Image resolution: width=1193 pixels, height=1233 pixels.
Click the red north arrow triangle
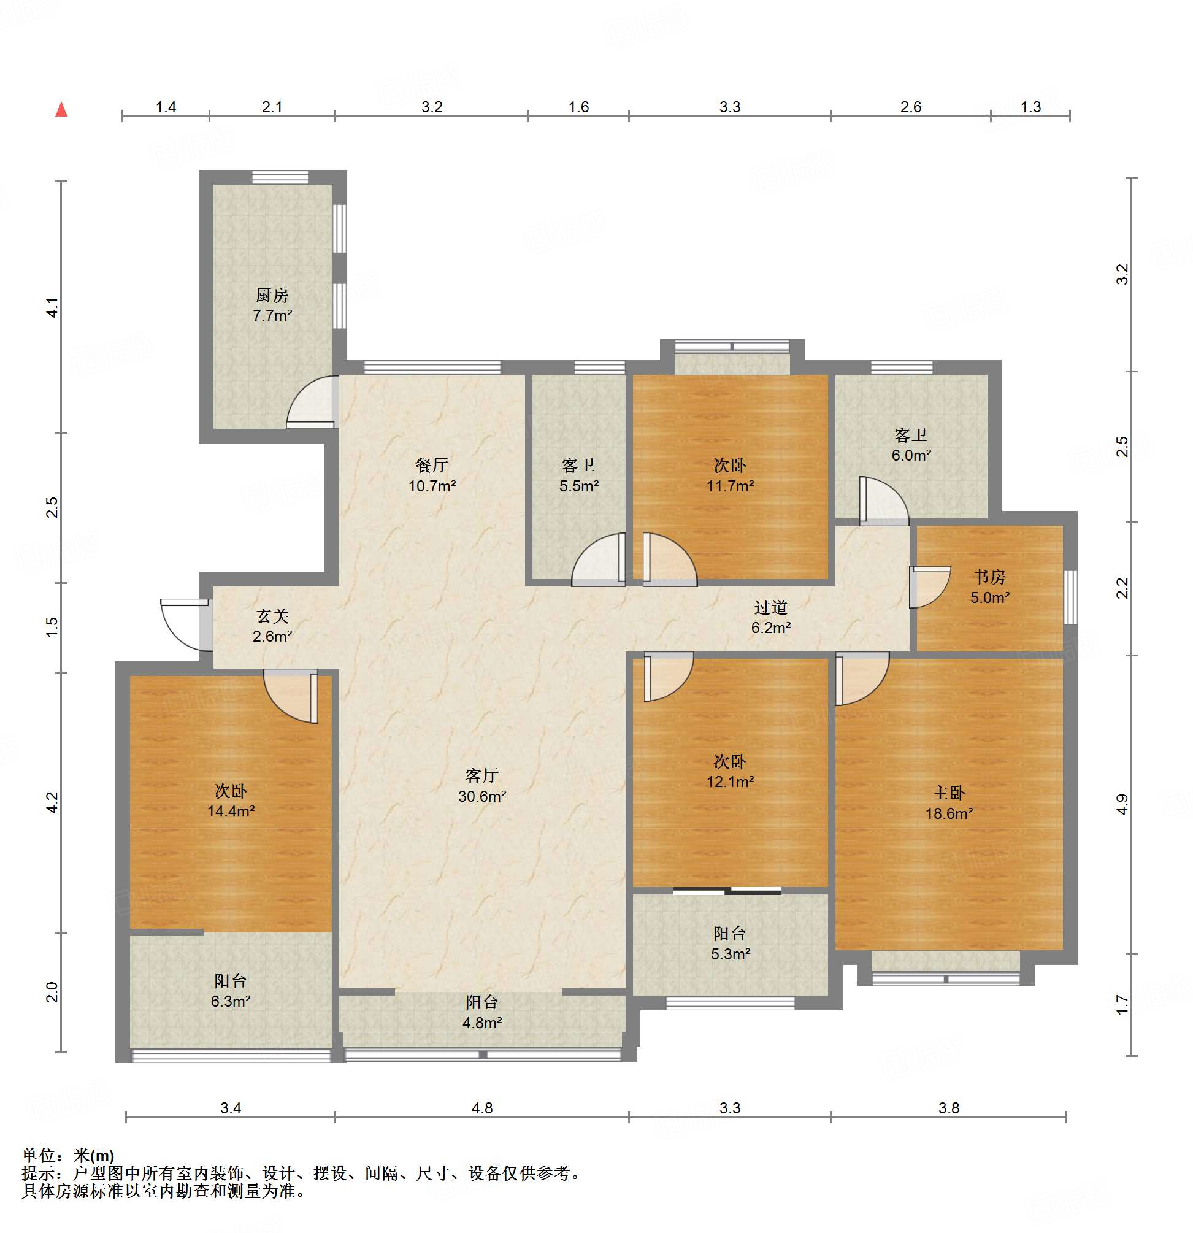pos(61,109)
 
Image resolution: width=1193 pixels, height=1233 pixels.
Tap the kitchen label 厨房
pos(272,295)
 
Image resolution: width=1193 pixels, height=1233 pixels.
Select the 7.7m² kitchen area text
pos(272,315)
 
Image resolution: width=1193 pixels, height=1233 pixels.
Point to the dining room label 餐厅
pos(431,465)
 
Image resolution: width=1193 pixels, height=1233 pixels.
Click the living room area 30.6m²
pos(482,796)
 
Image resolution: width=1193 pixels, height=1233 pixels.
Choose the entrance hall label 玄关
pos(272,616)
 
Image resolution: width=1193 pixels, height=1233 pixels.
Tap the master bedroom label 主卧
pos(948,793)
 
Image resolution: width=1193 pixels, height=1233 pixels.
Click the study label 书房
pos(989,577)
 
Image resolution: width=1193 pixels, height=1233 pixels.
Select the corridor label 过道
pos(770,607)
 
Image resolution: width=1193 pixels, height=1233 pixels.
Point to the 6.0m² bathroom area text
pos(911,455)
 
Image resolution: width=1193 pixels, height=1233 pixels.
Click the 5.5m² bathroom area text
pos(579,486)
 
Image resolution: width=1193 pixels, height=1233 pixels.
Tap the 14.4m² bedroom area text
pos(231,811)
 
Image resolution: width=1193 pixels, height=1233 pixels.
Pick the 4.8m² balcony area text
pos(482,1022)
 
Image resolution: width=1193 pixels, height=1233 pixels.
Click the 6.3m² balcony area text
pos(231,1001)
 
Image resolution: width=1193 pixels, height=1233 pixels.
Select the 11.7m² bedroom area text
pos(730,486)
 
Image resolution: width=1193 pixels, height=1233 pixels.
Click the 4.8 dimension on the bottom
pos(482,1108)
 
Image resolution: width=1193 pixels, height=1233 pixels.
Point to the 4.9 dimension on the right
pos(1122,805)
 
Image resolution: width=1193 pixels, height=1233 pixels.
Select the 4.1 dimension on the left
pos(53,307)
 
